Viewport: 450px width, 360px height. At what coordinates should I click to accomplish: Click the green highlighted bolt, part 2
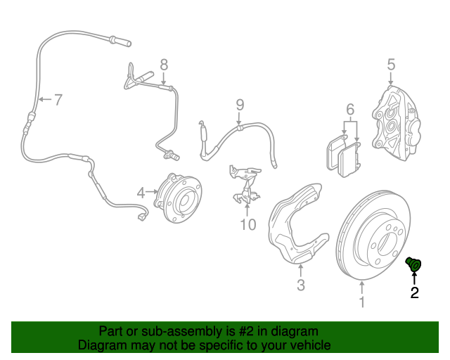pyautogui.click(x=414, y=264)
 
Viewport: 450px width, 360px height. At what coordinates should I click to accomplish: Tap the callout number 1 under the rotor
pyautogui.click(x=362, y=303)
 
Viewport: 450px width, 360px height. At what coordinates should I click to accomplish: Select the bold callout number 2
pyautogui.click(x=414, y=293)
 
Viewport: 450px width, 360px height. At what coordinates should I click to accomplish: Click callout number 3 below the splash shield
pyautogui.click(x=300, y=285)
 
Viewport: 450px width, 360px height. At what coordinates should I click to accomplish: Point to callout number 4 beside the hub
pyautogui.click(x=141, y=191)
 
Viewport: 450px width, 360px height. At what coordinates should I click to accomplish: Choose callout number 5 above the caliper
pyautogui.click(x=391, y=65)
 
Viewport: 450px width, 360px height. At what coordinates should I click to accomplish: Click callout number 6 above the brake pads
pyautogui.click(x=349, y=110)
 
